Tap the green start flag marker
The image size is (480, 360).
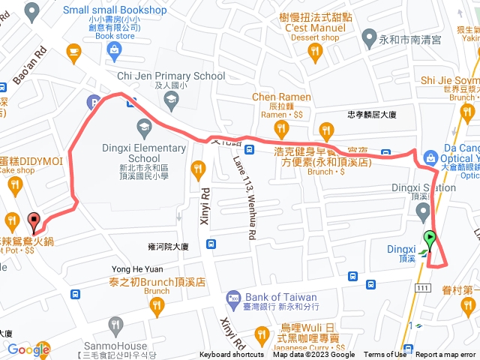[x=430, y=240]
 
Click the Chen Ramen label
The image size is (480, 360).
[x=281, y=97]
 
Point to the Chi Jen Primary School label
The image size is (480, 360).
[x=171, y=76]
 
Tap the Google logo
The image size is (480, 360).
[x=28, y=328]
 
